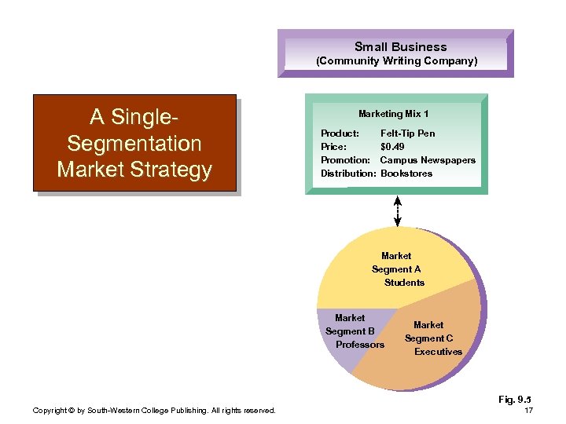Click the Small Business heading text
(400, 47)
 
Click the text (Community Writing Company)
(396, 60)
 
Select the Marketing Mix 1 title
(393, 115)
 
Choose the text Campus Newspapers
(428, 160)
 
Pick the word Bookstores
(406, 174)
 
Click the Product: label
(340, 133)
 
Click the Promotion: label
(345, 160)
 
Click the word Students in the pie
(404, 283)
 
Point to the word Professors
(360, 345)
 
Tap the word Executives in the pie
(438, 352)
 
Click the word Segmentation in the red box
(134, 144)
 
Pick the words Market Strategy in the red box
(134, 170)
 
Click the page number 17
(528, 411)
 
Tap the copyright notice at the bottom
(154, 411)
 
